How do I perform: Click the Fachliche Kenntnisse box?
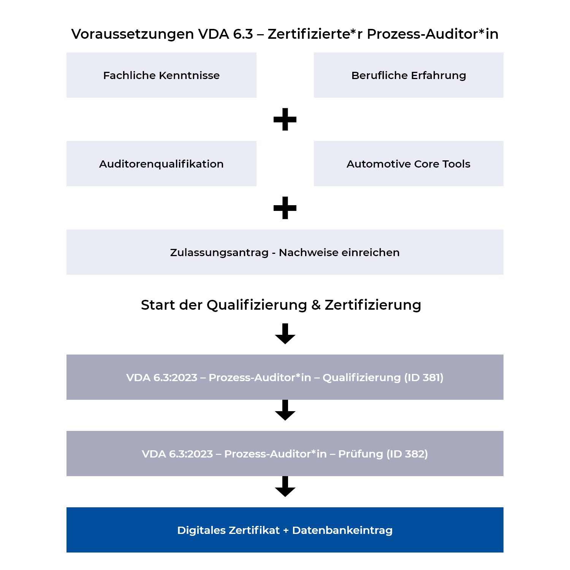click(161, 75)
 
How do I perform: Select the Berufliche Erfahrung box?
click(408, 75)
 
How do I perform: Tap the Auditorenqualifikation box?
click(161, 164)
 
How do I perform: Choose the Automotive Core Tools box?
click(408, 164)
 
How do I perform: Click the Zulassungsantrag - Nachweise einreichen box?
click(285, 252)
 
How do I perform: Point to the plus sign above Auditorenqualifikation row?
click(285, 119)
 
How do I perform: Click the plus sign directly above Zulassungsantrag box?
click(285, 208)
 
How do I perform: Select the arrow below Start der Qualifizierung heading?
click(285, 334)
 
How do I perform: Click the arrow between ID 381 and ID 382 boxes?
click(285, 410)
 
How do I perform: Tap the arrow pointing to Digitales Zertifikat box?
click(285, 486)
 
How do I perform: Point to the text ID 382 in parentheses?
click(407, 454)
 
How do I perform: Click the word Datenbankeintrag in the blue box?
click(342, 530)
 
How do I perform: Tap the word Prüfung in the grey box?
click(360, 454)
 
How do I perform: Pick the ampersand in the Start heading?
click(316, 305)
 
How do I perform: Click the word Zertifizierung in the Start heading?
click(373, 305)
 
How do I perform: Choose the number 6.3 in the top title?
click(243, 34)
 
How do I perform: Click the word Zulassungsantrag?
click(219, 253)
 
